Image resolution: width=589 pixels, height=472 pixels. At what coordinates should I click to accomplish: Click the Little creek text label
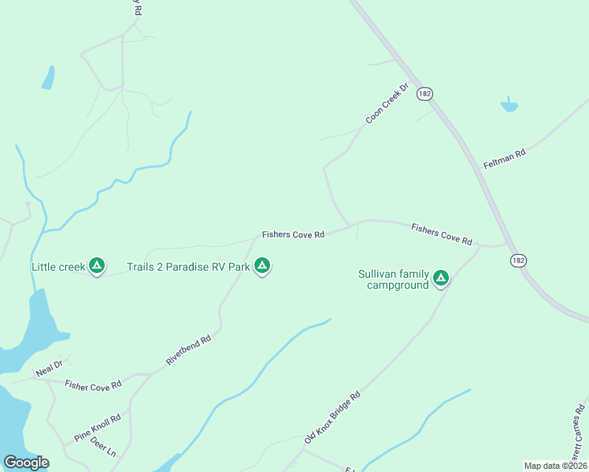pos(57,267)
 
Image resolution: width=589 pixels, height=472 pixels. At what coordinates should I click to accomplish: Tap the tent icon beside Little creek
pos(97,267)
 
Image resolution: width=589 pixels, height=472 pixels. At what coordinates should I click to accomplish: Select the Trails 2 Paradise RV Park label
pos(188,267)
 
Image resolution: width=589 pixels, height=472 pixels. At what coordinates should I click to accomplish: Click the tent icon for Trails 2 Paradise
pos(262,267)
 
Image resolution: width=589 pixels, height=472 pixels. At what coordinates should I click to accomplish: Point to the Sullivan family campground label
pos(394,279)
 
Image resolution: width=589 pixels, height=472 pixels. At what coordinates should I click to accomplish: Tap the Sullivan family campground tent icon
pos(441,278)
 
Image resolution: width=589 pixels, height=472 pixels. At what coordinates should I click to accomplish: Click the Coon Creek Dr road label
pos(387,105)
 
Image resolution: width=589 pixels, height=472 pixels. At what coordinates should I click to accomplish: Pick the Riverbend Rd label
pos(189,350)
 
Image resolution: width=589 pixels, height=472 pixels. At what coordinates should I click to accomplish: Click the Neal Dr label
pos(48,367)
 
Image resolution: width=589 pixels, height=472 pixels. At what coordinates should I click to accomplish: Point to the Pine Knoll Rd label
pos(97,426)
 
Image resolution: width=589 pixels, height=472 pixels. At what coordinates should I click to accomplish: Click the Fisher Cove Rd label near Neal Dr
pos(94,385)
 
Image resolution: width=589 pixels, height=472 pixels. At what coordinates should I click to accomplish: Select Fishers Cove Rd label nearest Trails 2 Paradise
pos(293,234)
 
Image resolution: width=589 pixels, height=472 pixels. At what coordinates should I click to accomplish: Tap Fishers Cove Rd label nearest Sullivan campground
pos(441,234)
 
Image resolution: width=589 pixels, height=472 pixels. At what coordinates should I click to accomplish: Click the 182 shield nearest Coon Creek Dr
pos(425,93)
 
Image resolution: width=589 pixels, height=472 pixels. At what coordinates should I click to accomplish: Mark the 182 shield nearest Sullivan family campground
pos(517,260)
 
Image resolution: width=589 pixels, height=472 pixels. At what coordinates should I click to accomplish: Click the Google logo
pos(27,463)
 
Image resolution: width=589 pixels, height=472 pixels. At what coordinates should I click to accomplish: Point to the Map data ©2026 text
pos(556,466)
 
